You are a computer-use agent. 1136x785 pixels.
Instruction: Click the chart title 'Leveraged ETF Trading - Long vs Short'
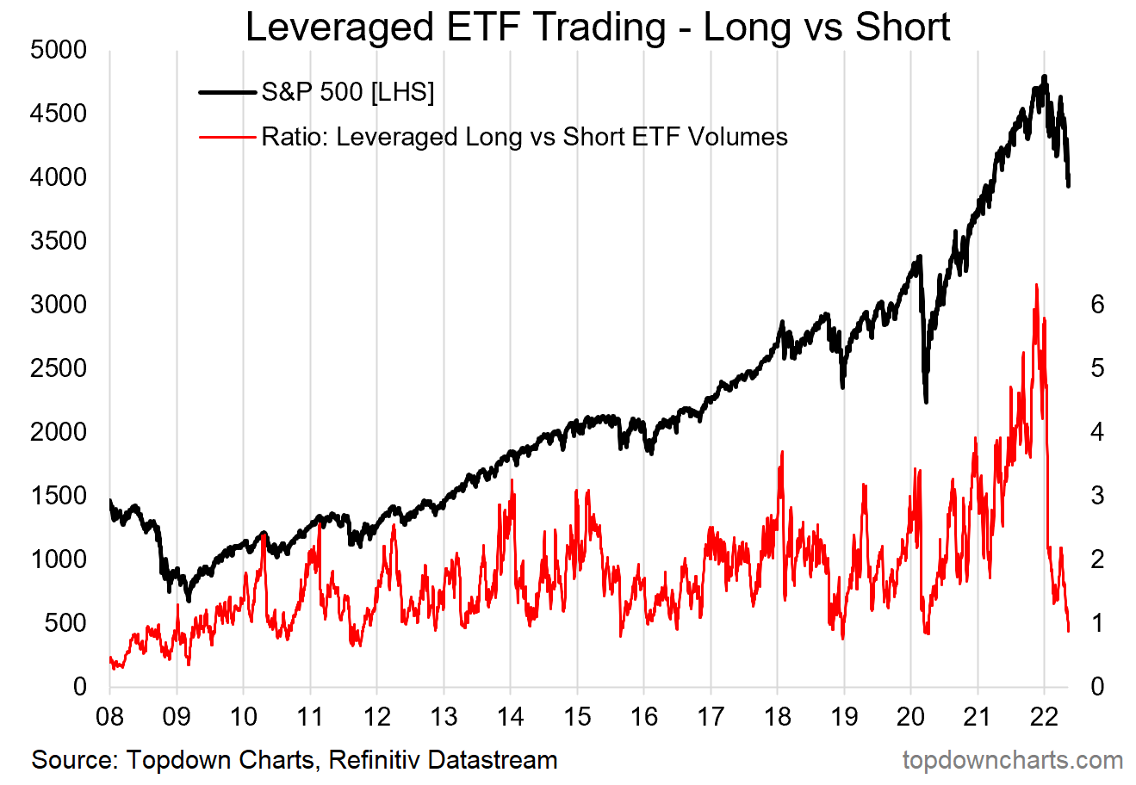click(x=598, y=28)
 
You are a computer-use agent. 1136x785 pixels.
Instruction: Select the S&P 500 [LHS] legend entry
click(x=347, y=92)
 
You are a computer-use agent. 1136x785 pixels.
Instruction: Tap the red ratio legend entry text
click(x=524, y=137)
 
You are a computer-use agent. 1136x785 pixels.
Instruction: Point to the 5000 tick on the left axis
click(x=59, y=50)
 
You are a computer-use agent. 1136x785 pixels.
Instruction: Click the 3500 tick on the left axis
click(x=59, y=241)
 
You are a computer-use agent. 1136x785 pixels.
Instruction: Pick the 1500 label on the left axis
click(x=59, y=496)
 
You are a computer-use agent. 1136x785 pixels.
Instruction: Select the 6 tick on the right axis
click(x=1097, y=305)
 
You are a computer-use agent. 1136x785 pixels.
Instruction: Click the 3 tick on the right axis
click(x=1097, y=496)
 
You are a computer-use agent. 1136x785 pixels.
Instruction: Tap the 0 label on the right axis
click(x=1097, y=687)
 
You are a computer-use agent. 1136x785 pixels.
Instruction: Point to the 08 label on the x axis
click(x=110, y=716)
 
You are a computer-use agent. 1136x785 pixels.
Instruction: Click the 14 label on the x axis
click(x=511, y=716)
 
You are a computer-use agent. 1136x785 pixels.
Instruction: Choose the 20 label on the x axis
click(x=911, y=716)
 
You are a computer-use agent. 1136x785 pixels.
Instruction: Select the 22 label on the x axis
click(x=1044, y=716)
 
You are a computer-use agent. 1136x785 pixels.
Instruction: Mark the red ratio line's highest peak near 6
click(x=1036, y=285)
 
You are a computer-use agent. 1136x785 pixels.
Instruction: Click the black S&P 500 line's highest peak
click(x=1044, y=77)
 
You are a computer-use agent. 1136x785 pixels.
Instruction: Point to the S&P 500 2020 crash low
click(x=926, y=401)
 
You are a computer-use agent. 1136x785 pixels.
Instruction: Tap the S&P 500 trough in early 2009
click(x=189, y=600)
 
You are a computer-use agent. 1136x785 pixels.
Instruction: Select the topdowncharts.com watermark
click(x=1013, y=761)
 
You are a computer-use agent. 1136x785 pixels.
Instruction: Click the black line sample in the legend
click(x=227, y=92)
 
